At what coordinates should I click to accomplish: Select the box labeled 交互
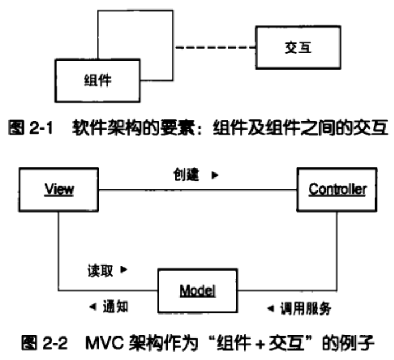point(298,48)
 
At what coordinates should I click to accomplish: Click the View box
point(59,189)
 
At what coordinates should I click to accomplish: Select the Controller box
point(337,189)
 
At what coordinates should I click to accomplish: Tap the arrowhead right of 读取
point(124,270)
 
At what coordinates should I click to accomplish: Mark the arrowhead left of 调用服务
point(270,308)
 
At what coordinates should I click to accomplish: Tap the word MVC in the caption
point(104,342)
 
